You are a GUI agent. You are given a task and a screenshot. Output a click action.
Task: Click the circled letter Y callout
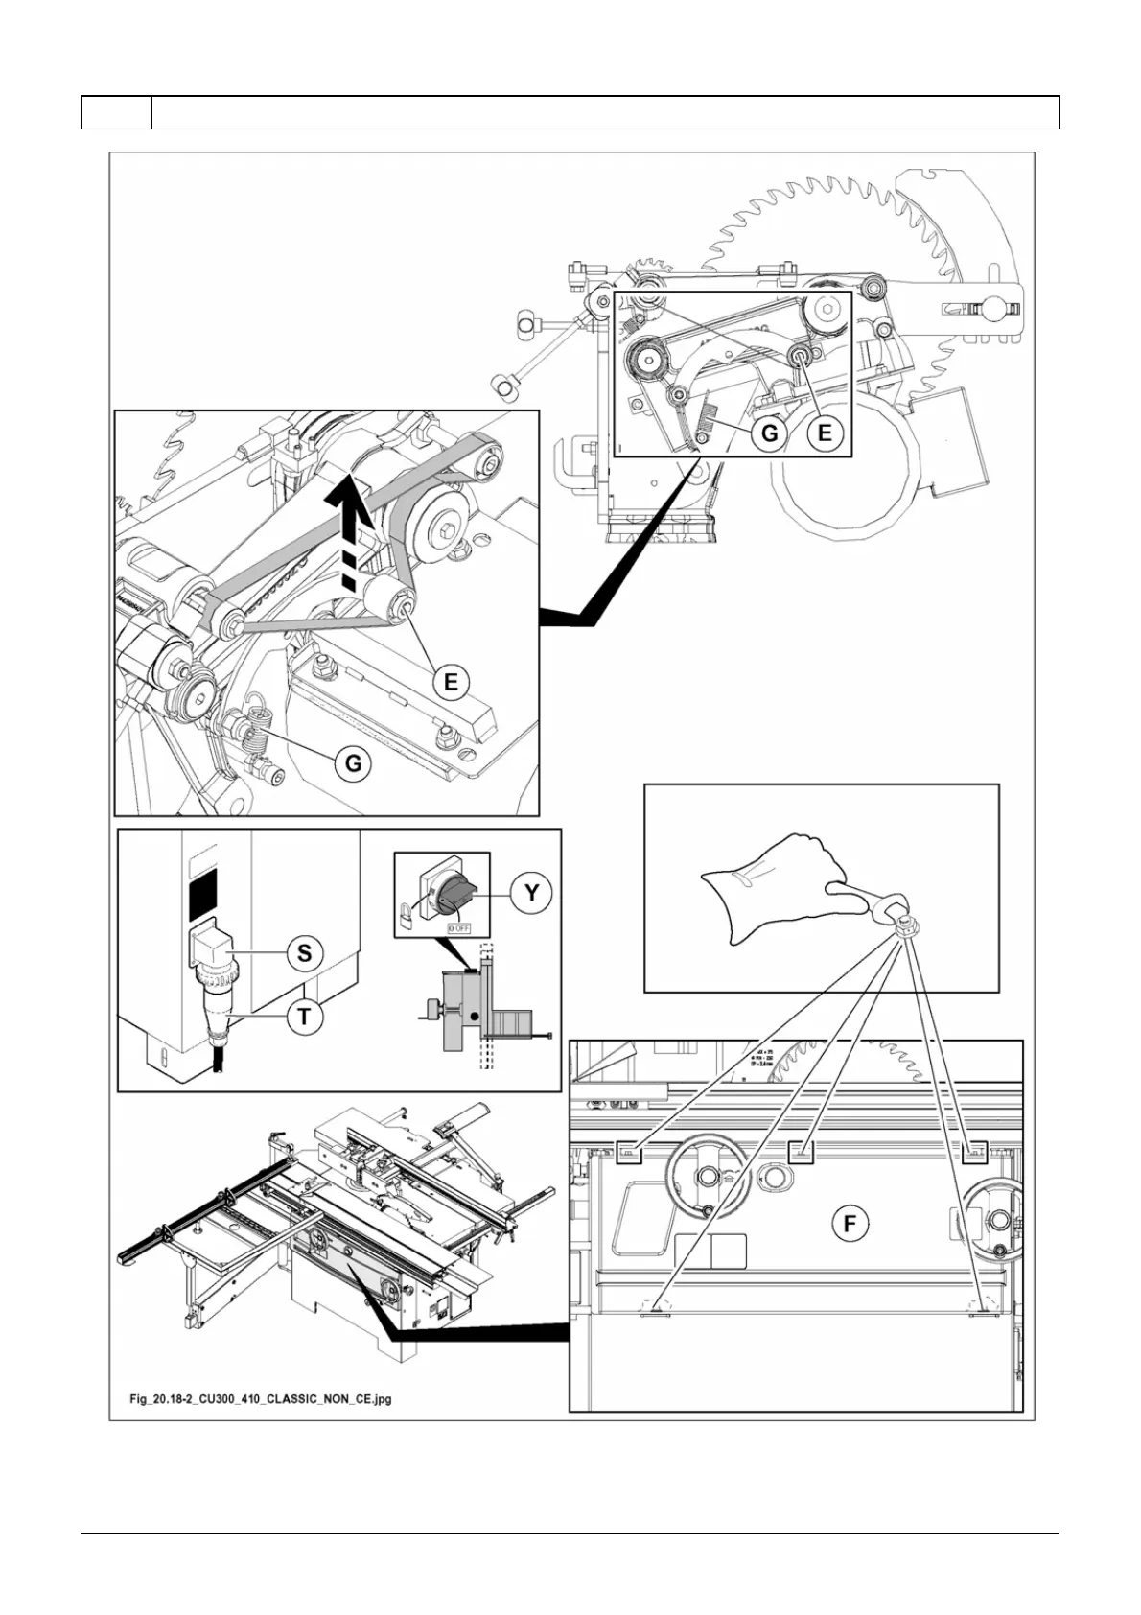(530, 894)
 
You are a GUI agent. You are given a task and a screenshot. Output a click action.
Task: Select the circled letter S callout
(304, 952)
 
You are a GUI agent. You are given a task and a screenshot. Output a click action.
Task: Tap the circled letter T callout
(304, 1016)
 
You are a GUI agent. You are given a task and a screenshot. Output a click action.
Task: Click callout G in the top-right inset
(770, 433)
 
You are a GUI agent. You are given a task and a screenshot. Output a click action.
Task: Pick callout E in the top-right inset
(824, 433)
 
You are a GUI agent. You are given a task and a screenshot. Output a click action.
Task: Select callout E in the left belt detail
(451, 683)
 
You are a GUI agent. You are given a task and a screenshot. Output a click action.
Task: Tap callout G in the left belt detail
(354, 763)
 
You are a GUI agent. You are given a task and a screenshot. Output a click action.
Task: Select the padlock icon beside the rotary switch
(407, 915)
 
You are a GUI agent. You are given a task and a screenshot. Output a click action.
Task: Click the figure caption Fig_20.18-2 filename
(261, 1399)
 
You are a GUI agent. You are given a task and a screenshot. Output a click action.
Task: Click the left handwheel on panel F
(707, 1175)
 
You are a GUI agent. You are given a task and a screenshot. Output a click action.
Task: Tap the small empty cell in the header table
(116, 112)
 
